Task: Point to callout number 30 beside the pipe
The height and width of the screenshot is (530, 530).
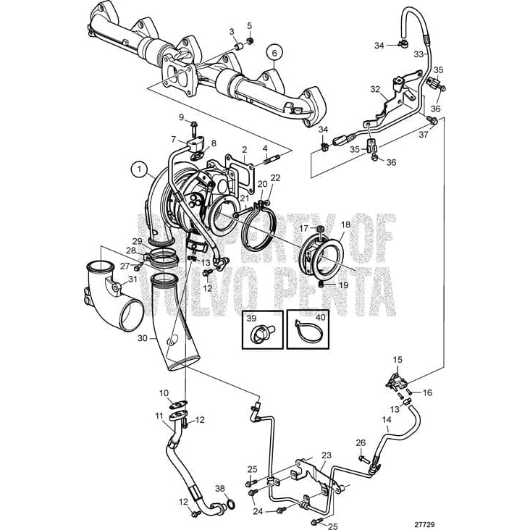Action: (142, 338)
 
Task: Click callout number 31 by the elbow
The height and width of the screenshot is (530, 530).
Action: (132, 279)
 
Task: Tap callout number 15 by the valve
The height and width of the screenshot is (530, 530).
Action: (397, 359)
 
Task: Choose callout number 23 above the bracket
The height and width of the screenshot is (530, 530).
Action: (327, 455)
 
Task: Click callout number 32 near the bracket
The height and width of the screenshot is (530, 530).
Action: (374, 90)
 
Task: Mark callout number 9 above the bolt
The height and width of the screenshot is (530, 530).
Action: (182, 117)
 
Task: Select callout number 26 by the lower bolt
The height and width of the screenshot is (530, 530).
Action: (361, 442)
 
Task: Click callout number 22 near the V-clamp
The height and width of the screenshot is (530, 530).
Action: (275, 178)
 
